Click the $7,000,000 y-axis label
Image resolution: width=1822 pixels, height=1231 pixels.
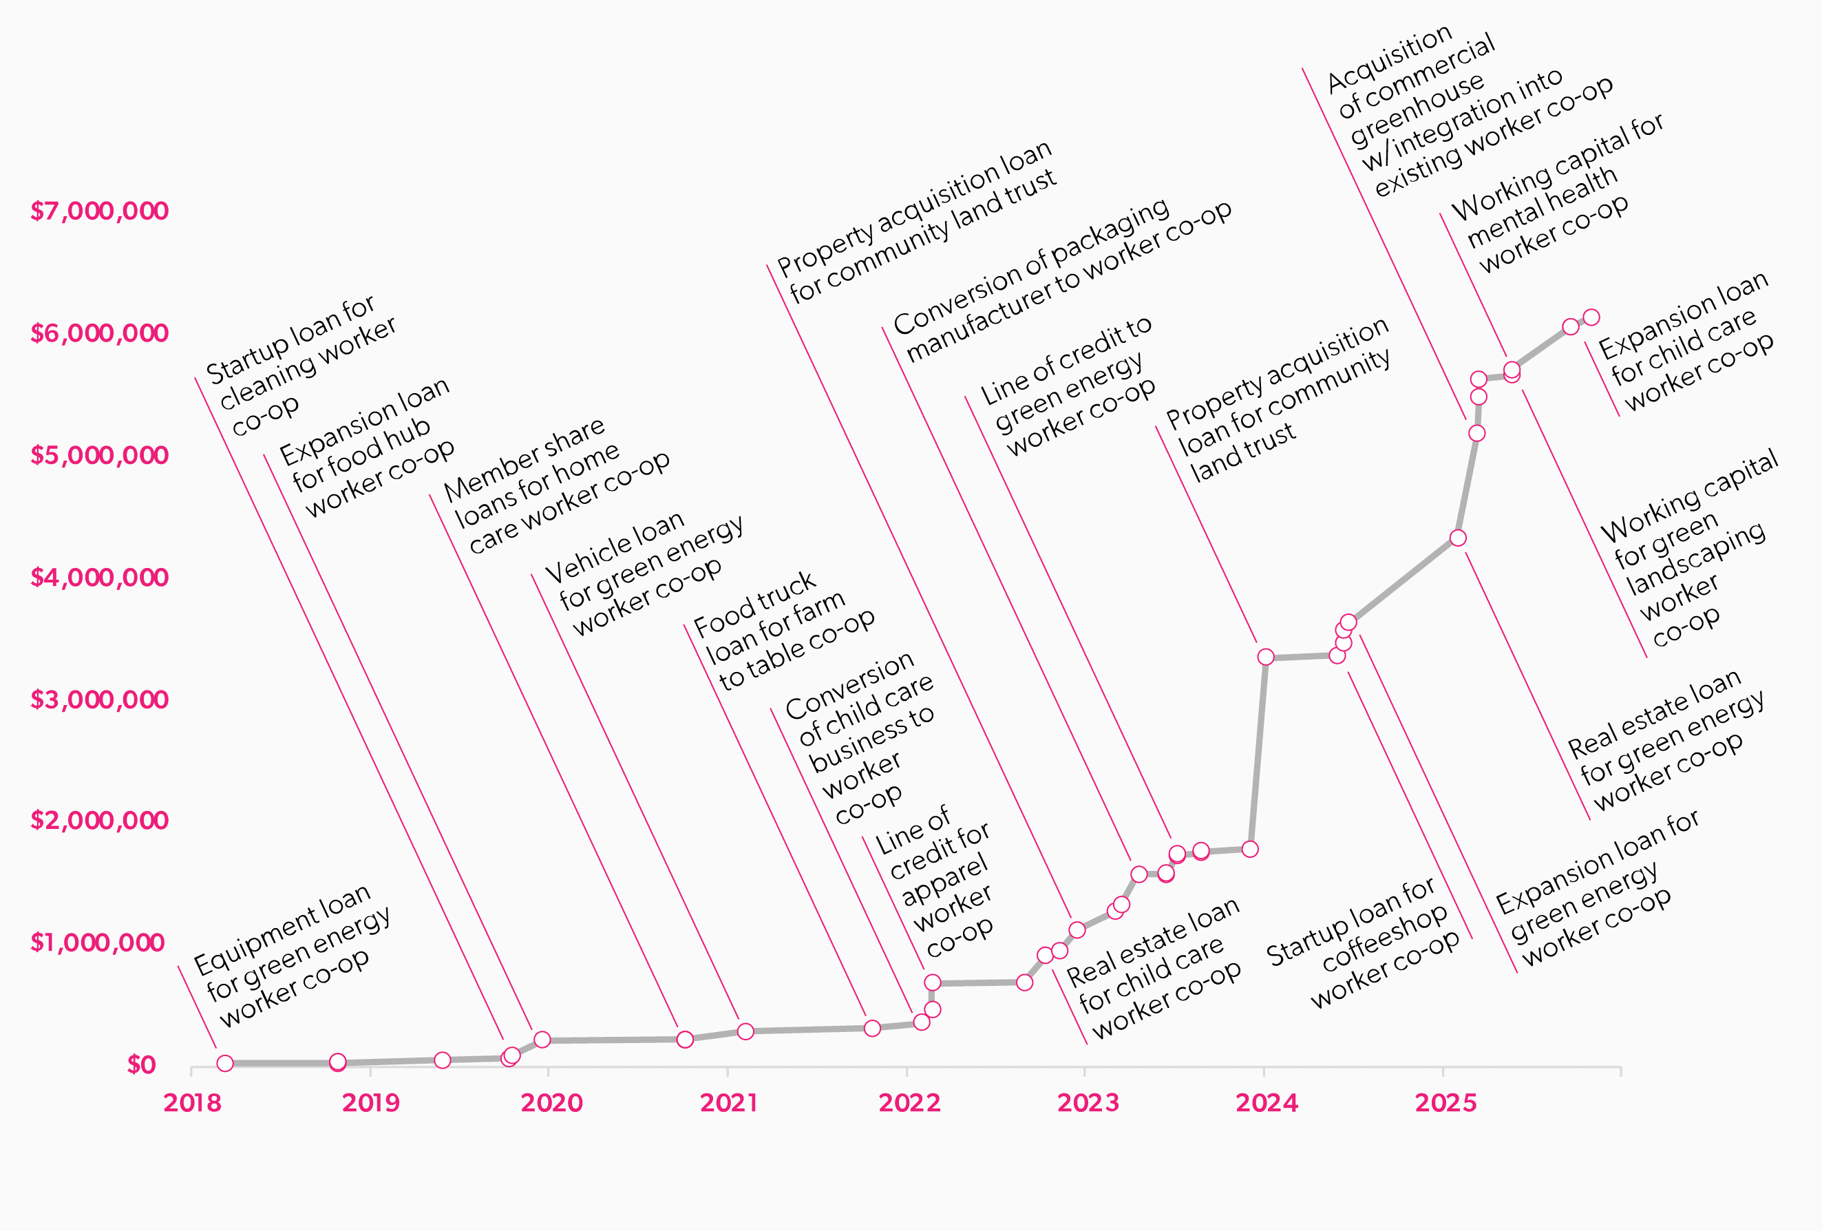[x=99, y=211]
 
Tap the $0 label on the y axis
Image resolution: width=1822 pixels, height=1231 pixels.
[x=141, y=1065]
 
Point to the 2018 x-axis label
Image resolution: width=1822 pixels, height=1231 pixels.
[x=192, y=1103]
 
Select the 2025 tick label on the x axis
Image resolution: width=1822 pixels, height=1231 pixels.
[x=1445, y=1103]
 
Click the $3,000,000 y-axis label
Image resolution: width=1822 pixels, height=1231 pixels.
[x=99, y=699]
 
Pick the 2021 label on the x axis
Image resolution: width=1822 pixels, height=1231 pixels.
[x=728, y=1103]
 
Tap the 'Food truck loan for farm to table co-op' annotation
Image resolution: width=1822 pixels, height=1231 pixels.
[x=784, y=632]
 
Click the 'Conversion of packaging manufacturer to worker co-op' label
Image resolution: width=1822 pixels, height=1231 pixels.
[x=1062, y=281]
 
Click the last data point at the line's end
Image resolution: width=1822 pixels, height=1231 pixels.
[x=1591, y=317]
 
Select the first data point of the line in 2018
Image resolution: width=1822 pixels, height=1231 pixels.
[x=225, y=1063]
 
